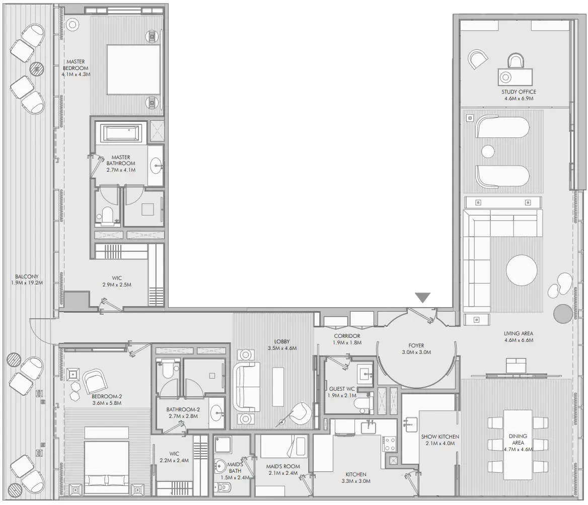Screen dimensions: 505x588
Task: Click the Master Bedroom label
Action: coord(76,65)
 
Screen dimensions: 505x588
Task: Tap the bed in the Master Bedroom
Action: coord(133,69)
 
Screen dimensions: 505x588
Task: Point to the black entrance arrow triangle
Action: coord(422,298)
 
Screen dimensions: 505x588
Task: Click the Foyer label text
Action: coord(416,345)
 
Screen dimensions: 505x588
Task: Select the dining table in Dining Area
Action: coord(518,445)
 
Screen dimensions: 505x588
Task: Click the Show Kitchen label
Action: coord(440,437)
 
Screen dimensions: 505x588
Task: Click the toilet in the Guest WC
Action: coord(360,404)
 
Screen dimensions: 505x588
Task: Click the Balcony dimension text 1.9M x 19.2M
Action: coord(27,283)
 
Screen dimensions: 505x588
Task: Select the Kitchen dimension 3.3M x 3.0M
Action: coord(356,481)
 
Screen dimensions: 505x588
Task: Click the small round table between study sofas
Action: coord(488,151)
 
